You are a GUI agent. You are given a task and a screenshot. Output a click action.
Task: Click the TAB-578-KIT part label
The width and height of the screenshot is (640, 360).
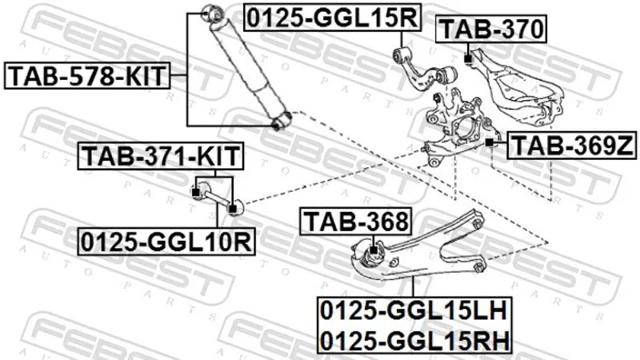tap(87, 76)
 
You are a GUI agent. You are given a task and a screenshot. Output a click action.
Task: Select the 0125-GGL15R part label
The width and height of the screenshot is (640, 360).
tap(332, 17)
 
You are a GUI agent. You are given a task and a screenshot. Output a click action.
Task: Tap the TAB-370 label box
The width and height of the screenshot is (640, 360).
tap(491, 29)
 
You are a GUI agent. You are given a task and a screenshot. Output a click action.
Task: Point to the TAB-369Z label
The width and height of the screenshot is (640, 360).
tap(571, 146)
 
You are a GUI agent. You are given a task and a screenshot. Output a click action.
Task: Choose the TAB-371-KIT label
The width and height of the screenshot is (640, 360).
tap(161, 156)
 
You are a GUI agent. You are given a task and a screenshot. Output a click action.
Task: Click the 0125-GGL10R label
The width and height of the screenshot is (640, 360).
tap(166, 242)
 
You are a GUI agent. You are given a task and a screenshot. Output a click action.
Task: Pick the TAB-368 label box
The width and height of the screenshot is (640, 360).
tap(356, 222)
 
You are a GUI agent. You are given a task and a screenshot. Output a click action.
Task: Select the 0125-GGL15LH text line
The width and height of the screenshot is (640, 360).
tap(414, 311)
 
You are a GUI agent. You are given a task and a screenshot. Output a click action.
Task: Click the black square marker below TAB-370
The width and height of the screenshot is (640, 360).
tap(468, 59)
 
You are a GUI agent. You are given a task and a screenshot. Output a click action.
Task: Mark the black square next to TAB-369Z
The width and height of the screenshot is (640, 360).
tap(490, 142)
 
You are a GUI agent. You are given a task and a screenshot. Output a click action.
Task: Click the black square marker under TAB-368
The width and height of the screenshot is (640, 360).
tap(373, 250)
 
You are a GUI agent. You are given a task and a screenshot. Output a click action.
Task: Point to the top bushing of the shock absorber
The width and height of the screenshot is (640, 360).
tap(214, 14)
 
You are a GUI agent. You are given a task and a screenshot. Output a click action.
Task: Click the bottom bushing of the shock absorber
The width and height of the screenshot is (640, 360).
tap(282, 121)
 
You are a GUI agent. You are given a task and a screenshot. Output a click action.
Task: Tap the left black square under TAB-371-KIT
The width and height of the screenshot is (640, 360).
tap(195, 192)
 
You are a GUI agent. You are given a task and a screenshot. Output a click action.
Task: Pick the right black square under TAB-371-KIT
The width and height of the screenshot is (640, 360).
tap(232, 210)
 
